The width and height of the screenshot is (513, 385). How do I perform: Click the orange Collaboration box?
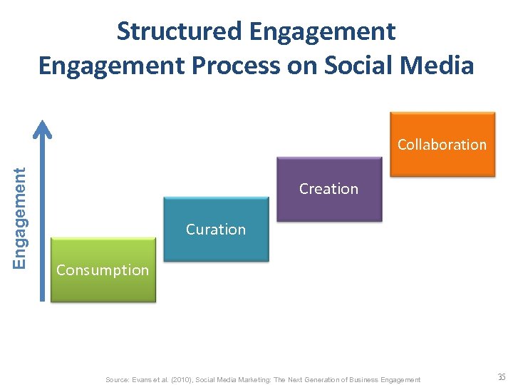coord(442,144)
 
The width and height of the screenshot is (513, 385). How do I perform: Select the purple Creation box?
coord(329,189)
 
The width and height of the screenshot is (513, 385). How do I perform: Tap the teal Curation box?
coord(216,229)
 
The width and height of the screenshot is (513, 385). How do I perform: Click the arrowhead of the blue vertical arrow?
coord(44,128)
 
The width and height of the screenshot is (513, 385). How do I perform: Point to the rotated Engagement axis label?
coord(21,217)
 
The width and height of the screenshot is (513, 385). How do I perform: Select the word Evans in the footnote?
coord(144,380)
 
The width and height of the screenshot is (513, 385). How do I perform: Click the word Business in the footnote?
coord(364,380)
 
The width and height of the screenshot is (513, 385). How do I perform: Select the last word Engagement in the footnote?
coord(401,380)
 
